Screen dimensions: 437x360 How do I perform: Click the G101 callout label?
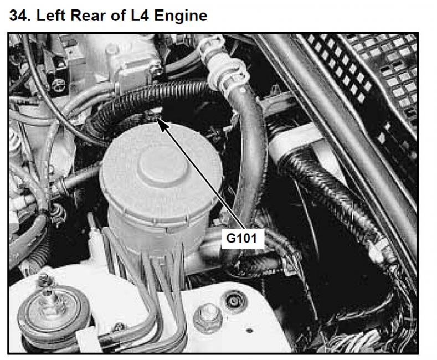[x=241, y=239]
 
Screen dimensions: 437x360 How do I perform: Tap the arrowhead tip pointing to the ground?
[x=157, y=118]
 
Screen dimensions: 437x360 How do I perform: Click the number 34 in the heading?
[x=18, y=16]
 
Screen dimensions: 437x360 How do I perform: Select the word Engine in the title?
[x=181, y=16]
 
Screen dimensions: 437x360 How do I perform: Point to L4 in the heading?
[x=140, y=16]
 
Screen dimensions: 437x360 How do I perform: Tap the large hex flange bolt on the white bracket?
[x=208, y=318]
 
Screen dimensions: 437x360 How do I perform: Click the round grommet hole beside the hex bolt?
[x=234, y=301]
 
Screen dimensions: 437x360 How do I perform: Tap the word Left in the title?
[x=51, y=16]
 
